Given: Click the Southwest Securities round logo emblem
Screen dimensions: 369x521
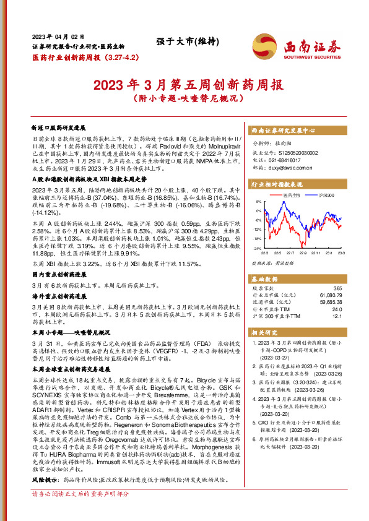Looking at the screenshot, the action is tap(262, 46).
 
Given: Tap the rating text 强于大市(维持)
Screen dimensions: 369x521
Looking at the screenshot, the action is tap(183, 41).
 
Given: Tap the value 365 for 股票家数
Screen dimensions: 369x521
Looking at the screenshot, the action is tap(337, 288).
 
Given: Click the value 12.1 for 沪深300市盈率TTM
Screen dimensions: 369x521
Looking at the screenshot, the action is tap(337, 317).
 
